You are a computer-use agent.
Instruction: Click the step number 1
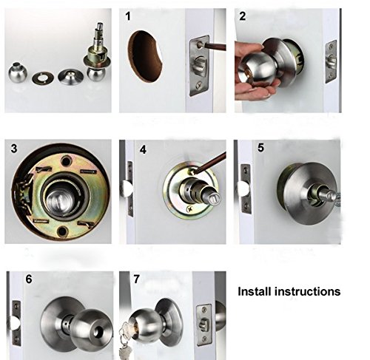point(128,16)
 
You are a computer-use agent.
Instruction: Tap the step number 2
point(243,16)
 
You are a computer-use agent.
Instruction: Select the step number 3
point(14,149)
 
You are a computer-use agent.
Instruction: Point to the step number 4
point(143,149)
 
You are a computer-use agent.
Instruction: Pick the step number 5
point(260,148)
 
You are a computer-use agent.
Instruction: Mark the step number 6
point(29,279)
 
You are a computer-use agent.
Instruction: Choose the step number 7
point(136,279)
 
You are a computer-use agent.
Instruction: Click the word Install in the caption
point(255,291)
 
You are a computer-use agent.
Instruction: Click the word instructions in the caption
point(308,291)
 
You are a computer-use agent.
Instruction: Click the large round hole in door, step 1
point(145,56)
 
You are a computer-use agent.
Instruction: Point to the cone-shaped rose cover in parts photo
point(70,77)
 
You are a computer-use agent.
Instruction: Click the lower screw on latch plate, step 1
point(199,85)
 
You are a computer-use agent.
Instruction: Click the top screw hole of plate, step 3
point(67,161)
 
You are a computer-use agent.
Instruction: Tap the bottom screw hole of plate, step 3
point(62,231)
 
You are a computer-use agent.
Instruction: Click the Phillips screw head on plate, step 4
point(190,209)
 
